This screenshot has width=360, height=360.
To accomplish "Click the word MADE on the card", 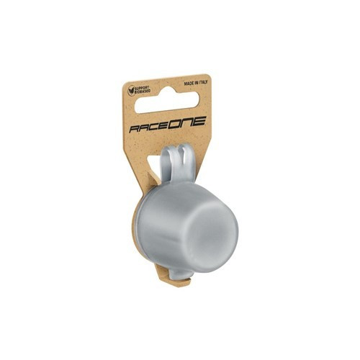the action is [x=189, y=84].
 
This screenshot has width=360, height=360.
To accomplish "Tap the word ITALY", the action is [x=203, y=82].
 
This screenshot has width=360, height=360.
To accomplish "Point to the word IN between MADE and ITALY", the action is [x=196, y=83].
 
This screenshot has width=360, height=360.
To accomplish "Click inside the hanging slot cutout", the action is [x=167, y=102].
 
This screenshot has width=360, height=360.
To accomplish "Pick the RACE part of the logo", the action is [x=149, y=126].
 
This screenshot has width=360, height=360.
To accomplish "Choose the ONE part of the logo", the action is [x=187, y=122].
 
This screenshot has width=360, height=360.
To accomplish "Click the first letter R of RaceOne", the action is [x=135, y=129].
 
